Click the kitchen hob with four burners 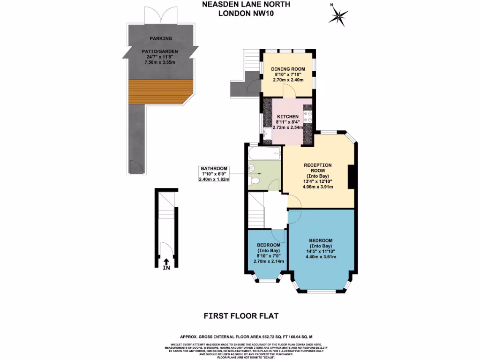308,116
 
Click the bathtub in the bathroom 263,152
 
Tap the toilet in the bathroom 255,180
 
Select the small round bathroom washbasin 251,167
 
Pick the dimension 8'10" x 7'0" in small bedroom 269,256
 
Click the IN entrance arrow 166,264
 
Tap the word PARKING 161,38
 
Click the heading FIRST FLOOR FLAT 241,316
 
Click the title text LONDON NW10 246,13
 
